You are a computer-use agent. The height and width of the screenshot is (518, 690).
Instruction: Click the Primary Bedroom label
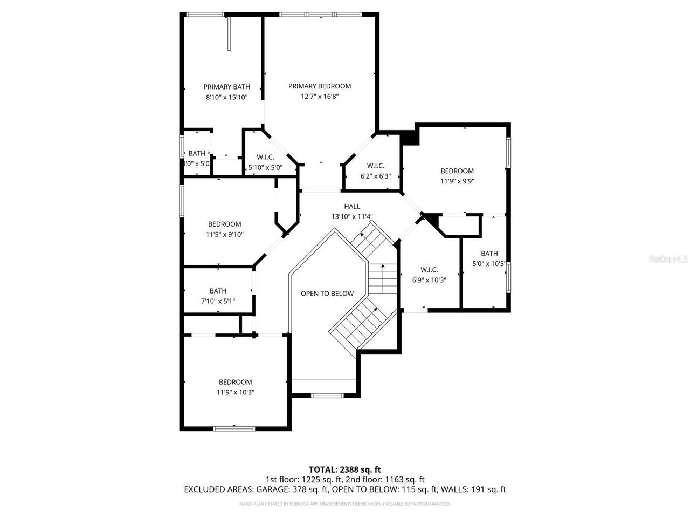(320, 86)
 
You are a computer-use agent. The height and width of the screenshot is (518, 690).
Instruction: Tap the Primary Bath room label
(226, 87)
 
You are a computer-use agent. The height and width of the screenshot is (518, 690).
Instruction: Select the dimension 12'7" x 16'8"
(320, 97)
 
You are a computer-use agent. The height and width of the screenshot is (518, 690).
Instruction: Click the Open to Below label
(327, 294)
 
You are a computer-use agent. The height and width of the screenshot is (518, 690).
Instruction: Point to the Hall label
(352, 207)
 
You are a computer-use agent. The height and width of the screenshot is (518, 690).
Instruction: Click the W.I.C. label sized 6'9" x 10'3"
(429, 270)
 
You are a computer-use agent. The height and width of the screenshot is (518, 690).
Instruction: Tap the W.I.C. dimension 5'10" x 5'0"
(265, 167)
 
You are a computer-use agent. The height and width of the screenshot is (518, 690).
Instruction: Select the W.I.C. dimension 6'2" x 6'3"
(375, 176)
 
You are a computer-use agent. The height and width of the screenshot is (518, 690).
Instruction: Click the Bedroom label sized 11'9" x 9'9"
(457, 171)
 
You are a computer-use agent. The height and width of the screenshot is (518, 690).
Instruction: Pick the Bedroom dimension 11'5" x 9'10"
(225, 235)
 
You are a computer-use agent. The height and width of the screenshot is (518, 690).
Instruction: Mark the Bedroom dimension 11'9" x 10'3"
(236, 393)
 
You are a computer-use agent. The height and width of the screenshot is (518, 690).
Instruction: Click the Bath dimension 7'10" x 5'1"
(218, 302)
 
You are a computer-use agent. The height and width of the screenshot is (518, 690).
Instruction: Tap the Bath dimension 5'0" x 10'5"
(489, 264)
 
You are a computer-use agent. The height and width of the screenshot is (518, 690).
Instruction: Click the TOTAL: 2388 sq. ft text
(345, 469)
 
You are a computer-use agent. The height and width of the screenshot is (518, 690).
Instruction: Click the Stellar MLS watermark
(668, 260)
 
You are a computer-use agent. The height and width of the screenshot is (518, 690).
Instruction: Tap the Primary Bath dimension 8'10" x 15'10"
(226, 97)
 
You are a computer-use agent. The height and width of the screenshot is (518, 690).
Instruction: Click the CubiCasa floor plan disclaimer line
(345, 504)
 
